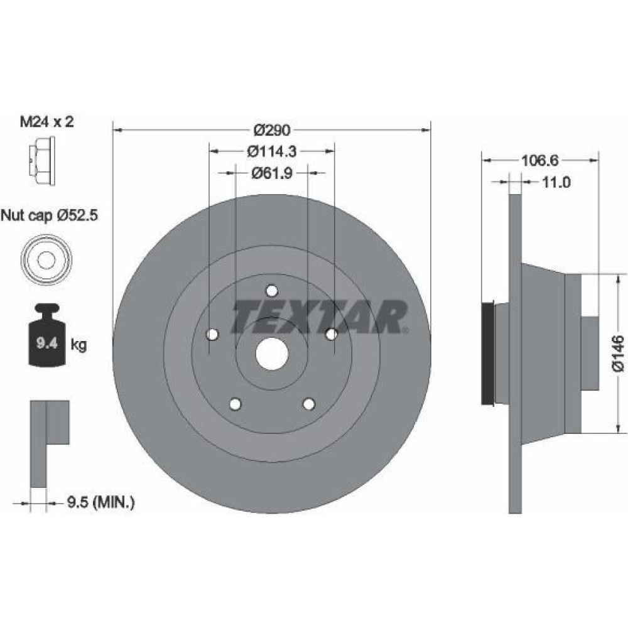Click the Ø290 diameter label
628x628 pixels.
click(x=272, y=130)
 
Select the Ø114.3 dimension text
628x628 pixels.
click(x=272, y=151)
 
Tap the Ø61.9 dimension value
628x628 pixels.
click(x=272, y=173)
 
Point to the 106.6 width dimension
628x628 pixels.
click(x=539, y=161)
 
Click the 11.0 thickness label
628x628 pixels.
click(x=556, y=182)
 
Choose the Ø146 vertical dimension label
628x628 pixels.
click(x=618, y=354)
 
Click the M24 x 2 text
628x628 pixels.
click(x=47, y=121)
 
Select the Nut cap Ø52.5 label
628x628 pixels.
click(x=49, y=216)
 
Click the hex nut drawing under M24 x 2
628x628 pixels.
click(x=41, y=161)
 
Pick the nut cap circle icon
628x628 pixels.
click(x=46, y=259)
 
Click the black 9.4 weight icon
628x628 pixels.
click(x=47, y=335)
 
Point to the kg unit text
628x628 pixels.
click(x=79, y=344)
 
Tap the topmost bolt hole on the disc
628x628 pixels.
click(x=272, y=290)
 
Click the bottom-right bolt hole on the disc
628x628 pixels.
click(x=309, y=404)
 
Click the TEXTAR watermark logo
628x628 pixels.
click(x=320, y=317)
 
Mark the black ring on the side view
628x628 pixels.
click(x=488, y=354)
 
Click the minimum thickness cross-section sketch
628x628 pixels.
click(x=50, y=444)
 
